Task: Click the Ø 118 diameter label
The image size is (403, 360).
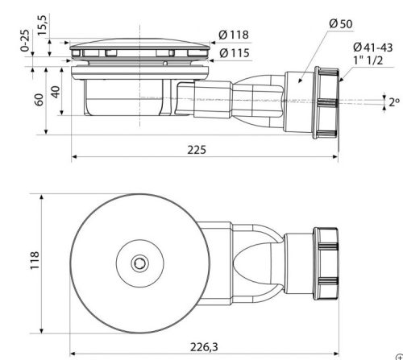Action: point(234,35)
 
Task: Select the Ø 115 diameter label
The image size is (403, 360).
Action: point(235,53)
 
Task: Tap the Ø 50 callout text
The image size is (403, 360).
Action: point(341,23)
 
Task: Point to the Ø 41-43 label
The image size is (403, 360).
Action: point(373,48)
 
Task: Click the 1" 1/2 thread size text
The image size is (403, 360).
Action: point(368,60)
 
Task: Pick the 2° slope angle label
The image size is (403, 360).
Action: point(394,102)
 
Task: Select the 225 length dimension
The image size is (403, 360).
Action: point(197,150)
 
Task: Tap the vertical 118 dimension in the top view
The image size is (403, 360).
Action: point(35,260)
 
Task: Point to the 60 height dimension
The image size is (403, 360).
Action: point(39,100)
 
